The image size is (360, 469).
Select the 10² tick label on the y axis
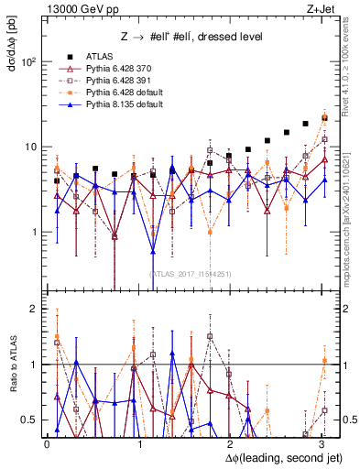(x=29, y=62)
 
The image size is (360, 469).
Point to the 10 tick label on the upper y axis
(x=30, y=147)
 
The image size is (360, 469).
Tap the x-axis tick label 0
(x=47, y=443)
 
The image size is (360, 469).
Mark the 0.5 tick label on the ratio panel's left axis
(x=32, y=420)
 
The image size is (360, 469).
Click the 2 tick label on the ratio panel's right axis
(x=337, y=309)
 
